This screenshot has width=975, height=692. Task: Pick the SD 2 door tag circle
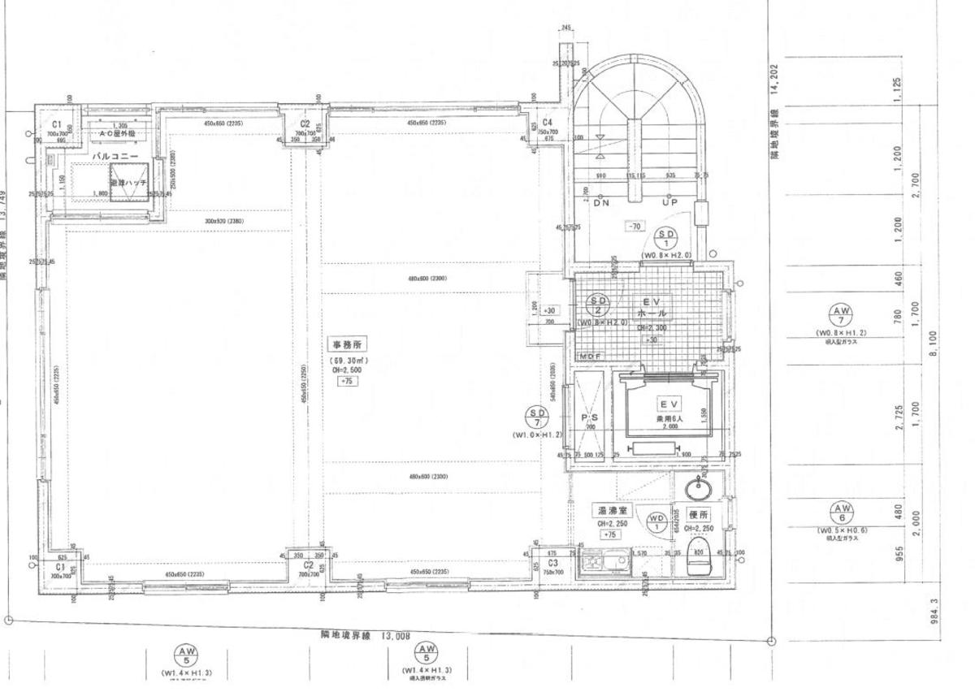599,305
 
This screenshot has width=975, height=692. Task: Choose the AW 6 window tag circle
842,513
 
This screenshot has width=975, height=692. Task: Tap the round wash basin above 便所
699,489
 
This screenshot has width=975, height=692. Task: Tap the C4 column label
548,122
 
